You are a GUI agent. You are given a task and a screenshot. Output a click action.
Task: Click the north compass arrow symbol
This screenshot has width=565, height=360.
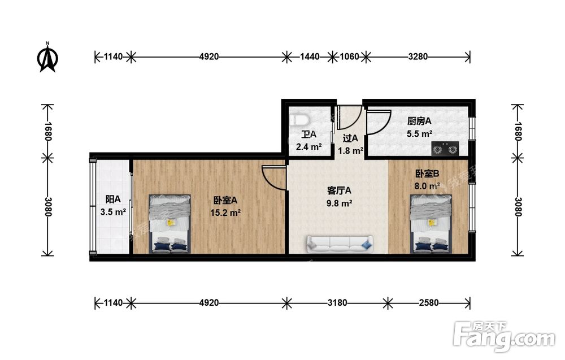click(x=47, y=58)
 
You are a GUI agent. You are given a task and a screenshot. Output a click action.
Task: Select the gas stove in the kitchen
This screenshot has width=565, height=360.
click(x=445, y=148)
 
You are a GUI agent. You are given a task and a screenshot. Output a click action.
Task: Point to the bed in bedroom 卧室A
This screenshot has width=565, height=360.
click(x=169, y=224)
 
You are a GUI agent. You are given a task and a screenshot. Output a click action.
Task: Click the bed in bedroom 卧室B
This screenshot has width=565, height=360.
click(x=431, y=224)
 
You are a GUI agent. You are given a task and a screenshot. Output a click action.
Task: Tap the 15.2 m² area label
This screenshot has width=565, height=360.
click(x=225, y=213)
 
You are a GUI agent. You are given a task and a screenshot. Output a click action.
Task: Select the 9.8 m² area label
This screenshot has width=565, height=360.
click(x=339, y=203)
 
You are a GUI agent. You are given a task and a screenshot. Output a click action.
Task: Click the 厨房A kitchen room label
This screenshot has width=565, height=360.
click(x=419, y=121)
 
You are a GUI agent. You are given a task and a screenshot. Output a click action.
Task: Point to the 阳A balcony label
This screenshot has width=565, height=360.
click(x=113, y=199)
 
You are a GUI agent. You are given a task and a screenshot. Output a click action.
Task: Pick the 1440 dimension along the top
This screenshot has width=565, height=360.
click(x=310, y=57)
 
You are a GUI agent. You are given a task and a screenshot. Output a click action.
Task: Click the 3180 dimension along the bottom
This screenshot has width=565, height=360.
click(x=337, y=303)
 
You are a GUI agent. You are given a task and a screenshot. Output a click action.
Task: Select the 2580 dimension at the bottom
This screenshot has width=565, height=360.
click(x=429, y=303)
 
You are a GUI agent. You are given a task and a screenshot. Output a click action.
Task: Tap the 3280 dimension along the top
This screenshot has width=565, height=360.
click(x=418, y=57)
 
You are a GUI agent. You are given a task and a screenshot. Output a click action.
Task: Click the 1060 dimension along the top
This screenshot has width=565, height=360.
click(x=350, y=57)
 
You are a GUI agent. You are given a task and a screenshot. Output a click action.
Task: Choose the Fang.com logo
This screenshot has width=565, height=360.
click(x=505, y=337)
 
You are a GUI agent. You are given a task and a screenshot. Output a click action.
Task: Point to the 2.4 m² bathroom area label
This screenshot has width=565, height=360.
click(x=309, y=147)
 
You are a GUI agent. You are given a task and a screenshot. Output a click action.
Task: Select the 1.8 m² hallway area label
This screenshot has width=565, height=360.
click(x=350, y=151)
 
